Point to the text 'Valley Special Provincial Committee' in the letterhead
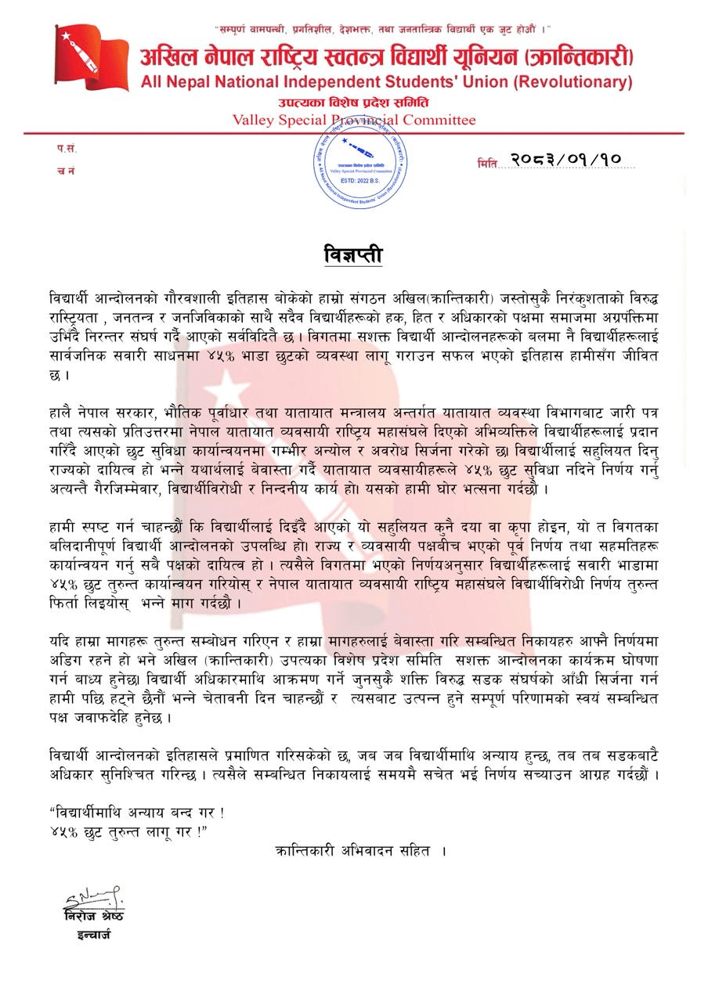point(354,120)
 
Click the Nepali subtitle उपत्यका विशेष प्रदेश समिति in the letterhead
point(354,103)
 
